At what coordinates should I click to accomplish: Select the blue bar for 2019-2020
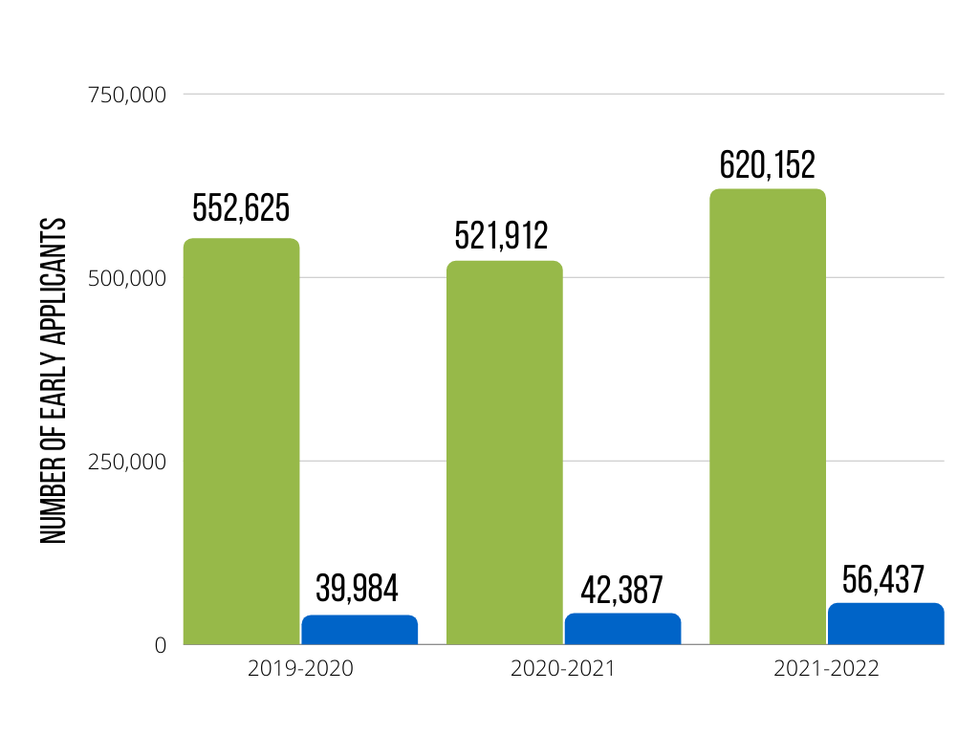pyautogui.click(x=359, y=630)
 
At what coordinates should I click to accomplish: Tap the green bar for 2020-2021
pyautogui.click(x=504, y=453)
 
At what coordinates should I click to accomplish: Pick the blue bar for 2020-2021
pyautogui.click(x=622, y=629)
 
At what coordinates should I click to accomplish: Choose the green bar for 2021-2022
pyautogui.click(x=767, y=417)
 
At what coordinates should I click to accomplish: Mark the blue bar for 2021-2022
pyautogui.click(x=885, y=624)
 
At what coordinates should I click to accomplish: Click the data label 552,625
pyautogui.click(x=241, y=207)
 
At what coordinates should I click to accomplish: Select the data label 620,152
pyautogui.click(x=767, y=164)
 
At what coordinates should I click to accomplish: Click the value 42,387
pyautogui.click(x=622, y=590)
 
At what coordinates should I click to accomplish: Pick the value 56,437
pyautogui.click(x=883, y=579)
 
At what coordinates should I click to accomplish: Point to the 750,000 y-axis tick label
pyautogui.click(x=127, y=95)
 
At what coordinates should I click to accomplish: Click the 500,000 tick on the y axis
pyautogui.click(x=127, y=278)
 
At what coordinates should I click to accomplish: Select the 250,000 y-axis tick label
pyautogui.click(x=127, y=462)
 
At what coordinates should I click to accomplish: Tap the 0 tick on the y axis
pyautogui.click(x=160, y=645)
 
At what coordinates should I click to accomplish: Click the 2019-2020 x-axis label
pyautogui.click(x=300, y=669)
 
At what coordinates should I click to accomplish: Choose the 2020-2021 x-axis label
pyautogui.click(x=563, y=669)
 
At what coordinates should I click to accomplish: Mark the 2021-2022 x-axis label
pyautogui.click(x=826, y=669)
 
